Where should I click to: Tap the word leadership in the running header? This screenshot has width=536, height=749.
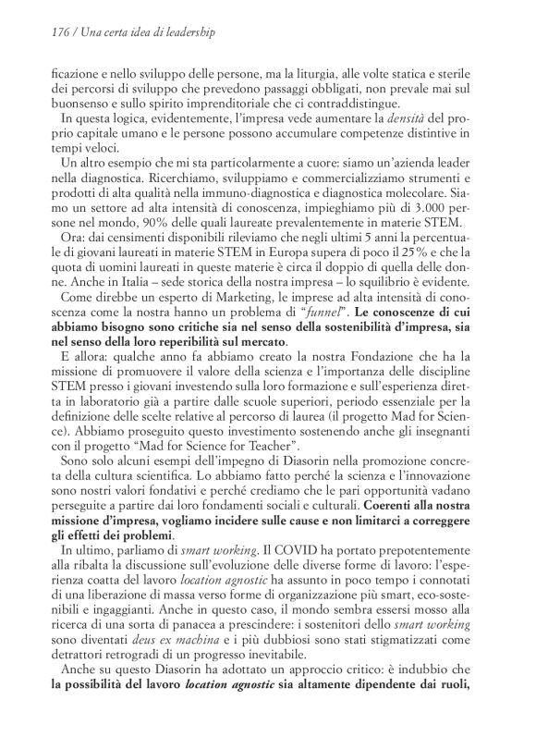(x=189, y=32)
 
